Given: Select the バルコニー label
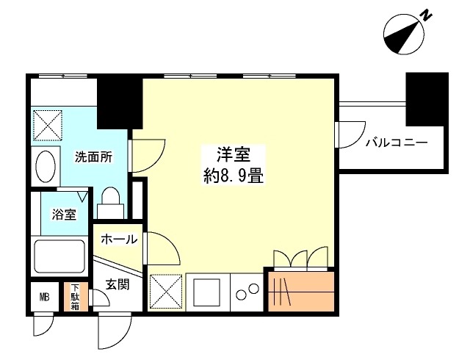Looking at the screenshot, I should tap(396, 143).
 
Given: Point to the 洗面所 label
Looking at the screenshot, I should tap(94, 156).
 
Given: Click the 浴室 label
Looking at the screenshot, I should tap(62, 215).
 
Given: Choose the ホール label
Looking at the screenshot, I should tap(117, 239).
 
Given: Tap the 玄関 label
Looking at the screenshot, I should tap(117, 285).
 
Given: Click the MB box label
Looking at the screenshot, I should tap(44, 298).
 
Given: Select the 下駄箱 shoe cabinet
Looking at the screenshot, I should tap(74, 298).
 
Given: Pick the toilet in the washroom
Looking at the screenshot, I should tap(111, 200).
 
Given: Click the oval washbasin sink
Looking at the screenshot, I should tap(46, 167).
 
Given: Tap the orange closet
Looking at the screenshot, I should tap(301, 292).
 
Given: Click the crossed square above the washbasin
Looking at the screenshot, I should tap(48, 125).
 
